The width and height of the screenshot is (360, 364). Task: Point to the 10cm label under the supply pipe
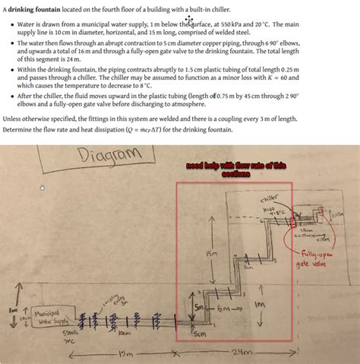pyautogui.click(x=125, y=333)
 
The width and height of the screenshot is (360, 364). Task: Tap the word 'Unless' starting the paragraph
pyautogui.click(x=14, y=119)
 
